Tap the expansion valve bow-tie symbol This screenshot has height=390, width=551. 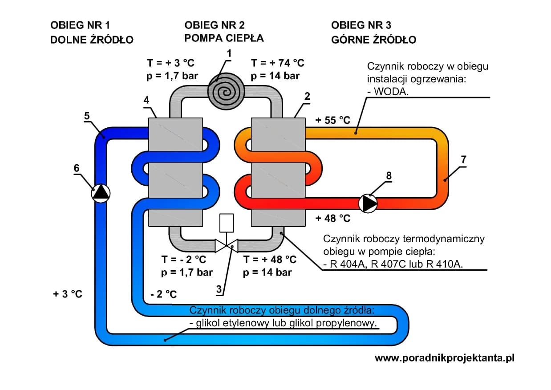[x=227, y=245]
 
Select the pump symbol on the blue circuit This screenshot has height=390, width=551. [x=101, y=192]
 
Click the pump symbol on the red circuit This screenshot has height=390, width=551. [x=368, y=203]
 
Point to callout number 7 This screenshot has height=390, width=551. [x=463, y=159]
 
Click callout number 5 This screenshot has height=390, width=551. [x=87, y=116]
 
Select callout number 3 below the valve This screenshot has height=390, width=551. [x=219, y=289]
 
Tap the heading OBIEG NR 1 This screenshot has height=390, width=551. [x=80, y=25]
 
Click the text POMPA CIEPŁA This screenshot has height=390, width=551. [x=224, y=38]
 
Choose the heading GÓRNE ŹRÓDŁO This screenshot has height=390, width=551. [x=373, y=40]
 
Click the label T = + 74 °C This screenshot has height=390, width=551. [x=278, y=63]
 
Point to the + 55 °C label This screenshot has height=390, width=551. [x=332, y=120]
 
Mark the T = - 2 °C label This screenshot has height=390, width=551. [x=184, y=259]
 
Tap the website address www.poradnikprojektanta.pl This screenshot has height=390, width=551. [x=444, y=358]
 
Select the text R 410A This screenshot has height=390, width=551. [x=445, y=264]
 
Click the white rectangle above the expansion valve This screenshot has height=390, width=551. [x=227, y=223]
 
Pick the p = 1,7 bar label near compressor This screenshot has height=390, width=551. [x=172, y=76]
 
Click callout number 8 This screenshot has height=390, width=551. [x=389, y=176]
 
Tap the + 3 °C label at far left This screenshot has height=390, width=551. [x=68, y=294]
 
